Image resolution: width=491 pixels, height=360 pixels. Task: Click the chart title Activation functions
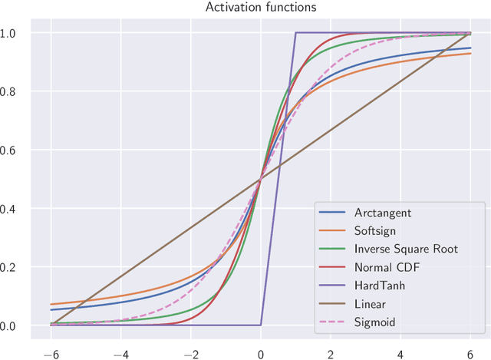250,8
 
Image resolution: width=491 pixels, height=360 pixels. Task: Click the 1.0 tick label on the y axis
17,33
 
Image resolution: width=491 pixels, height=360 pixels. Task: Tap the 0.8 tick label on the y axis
17,92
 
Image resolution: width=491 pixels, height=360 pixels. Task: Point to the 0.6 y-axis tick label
17,150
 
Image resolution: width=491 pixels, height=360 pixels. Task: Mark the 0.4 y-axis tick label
17,209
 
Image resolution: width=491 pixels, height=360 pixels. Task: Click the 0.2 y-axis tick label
17,267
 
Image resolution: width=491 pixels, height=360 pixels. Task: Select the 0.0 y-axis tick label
17,326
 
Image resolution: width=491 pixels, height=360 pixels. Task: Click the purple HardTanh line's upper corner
296,33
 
